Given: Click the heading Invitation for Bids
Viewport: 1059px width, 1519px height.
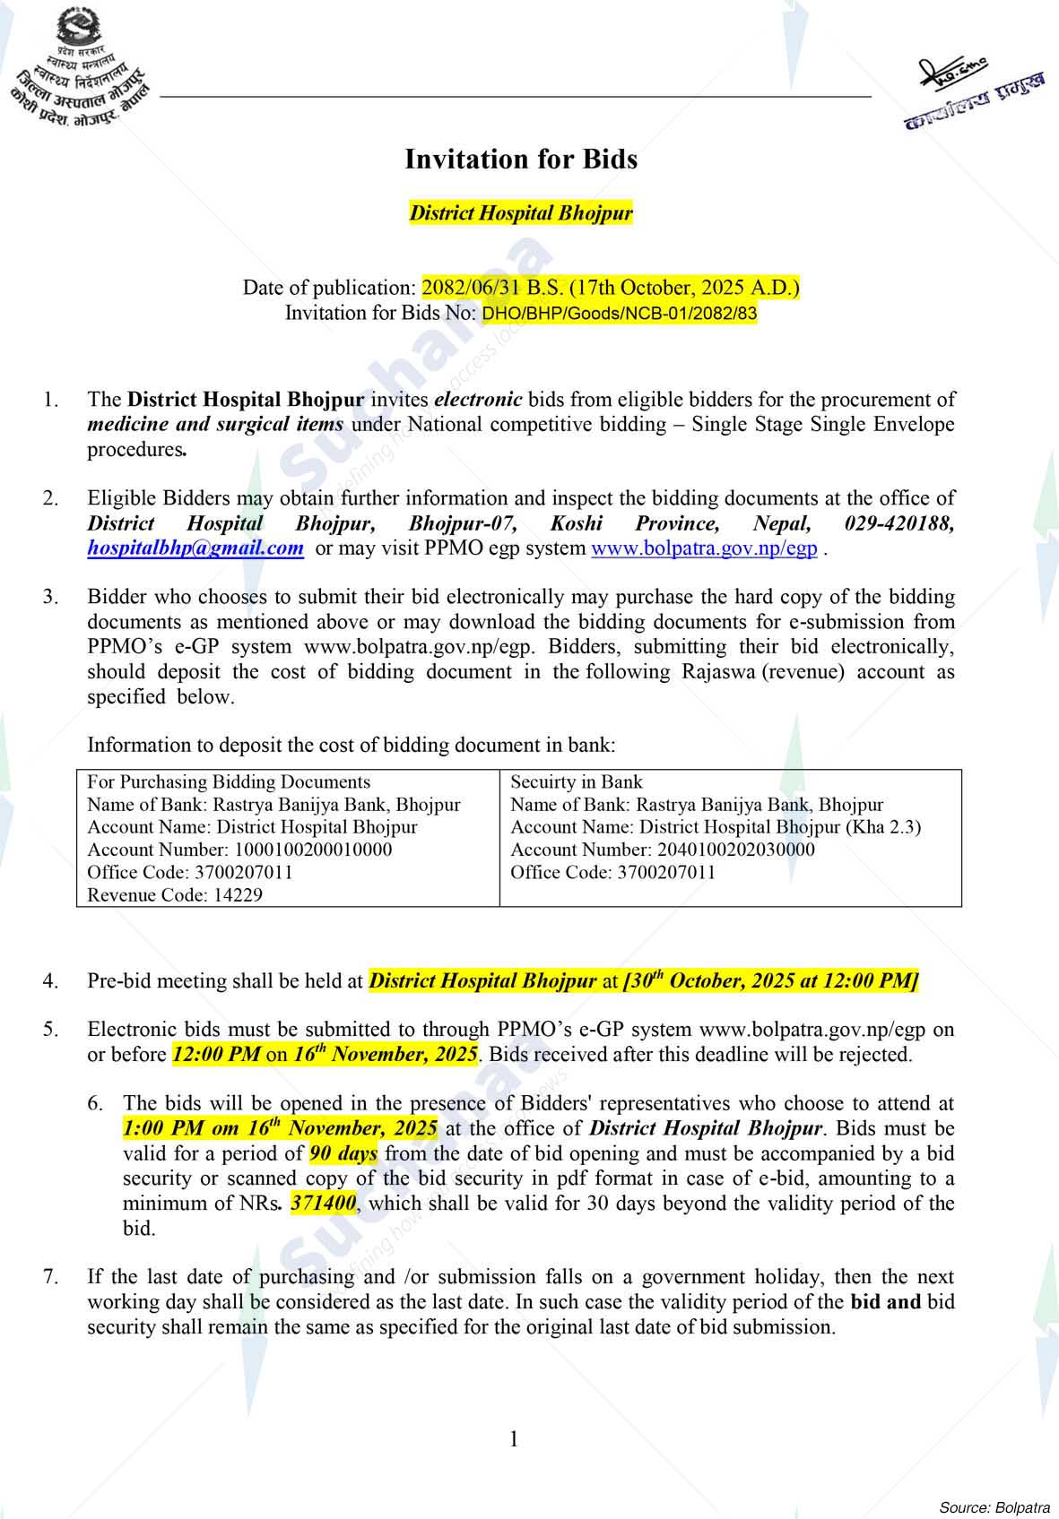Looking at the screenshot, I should [x=521, y=160].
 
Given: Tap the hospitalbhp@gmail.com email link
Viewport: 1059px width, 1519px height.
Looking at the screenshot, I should [x=195, y=548].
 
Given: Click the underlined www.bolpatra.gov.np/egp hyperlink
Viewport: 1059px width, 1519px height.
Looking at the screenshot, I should [x=704, y=548].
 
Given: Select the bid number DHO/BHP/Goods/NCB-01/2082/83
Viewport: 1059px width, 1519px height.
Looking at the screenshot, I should [x=620, y=314].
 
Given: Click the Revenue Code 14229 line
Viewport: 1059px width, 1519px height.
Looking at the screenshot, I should [x=175, y=894].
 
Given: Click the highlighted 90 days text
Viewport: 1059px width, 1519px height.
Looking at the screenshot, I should [x=343, y=1153].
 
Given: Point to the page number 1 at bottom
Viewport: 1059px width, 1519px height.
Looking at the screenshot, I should [x=514, y=1439].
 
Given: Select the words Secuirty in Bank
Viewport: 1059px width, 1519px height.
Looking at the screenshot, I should [x=577, y=781].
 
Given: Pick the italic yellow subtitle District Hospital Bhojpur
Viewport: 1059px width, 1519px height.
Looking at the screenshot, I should [x=521, y=213].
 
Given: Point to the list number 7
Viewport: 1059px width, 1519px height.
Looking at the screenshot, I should [x=50, y=1276].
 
